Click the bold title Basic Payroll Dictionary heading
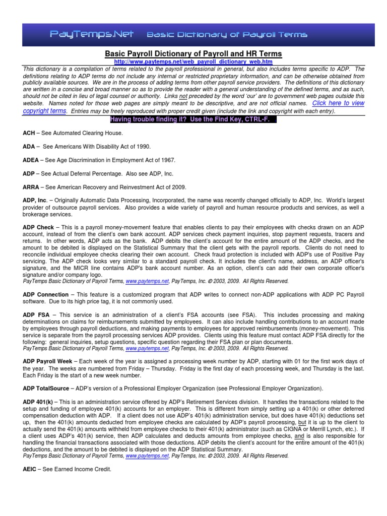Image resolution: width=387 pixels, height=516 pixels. tap(193, 53)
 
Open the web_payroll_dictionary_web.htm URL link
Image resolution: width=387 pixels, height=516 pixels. tap(193, 61)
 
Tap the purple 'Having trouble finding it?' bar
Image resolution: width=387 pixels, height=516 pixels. tap(193, 119)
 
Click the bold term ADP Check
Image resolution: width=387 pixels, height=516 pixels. tap(38, 227)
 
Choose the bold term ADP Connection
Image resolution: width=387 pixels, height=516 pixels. tap(45, 294)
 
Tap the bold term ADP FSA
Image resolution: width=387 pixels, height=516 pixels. tap(35, 314)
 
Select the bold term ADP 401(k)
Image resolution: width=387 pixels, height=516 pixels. tap(38, 401)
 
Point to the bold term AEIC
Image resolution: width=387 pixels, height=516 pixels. tap(31, 469)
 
